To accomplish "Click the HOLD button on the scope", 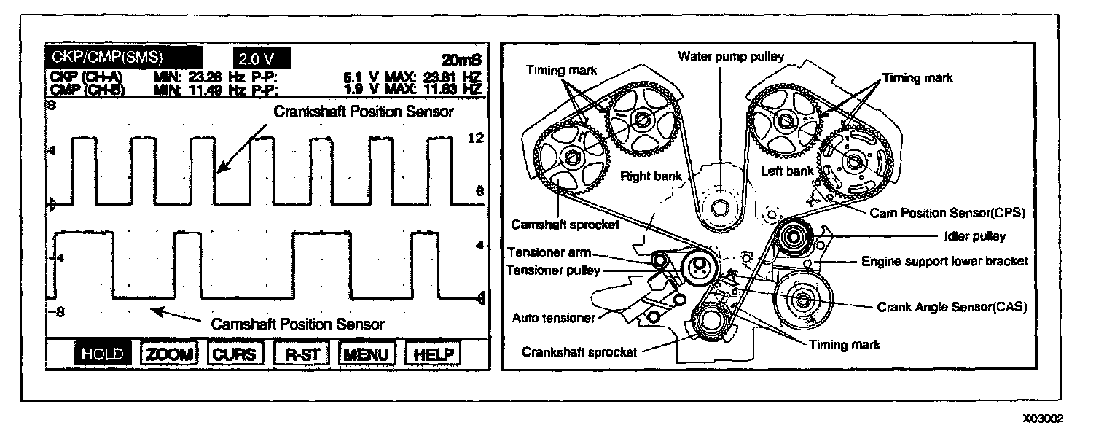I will coord(103,354).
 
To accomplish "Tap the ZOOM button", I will coord(169,354).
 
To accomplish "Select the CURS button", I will coord(234,354).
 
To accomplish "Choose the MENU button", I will coord(366,354).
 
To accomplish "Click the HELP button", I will coord(433,354).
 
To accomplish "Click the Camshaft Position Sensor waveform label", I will coord(297,323).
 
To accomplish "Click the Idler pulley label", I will coord(975,236).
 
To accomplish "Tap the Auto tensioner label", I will coord(555,318).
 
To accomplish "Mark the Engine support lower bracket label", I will coord(945,260).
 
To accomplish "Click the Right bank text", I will coord(645,175).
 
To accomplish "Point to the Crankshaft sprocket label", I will coord(579,351).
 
